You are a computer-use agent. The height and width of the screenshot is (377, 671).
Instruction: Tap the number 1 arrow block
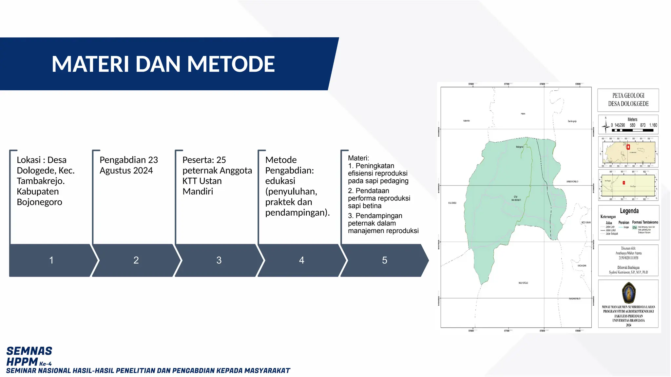51,260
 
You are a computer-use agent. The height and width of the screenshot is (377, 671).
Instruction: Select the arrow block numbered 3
219,260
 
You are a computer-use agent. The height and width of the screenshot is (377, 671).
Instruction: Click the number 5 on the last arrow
385,260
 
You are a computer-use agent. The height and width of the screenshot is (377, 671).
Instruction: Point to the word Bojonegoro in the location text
39,202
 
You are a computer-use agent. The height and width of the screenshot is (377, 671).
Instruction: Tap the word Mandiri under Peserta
198,191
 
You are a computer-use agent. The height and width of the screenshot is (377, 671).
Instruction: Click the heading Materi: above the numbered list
358,158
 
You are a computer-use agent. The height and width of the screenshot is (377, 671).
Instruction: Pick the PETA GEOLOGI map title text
628,96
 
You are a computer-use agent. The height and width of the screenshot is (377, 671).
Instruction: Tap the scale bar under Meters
632,130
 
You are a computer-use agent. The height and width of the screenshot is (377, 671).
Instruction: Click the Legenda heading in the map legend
629,211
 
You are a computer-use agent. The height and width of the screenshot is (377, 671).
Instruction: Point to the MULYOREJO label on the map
523,283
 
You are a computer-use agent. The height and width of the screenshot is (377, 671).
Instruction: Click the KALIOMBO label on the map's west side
452,203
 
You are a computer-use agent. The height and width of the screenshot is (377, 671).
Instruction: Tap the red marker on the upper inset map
628,147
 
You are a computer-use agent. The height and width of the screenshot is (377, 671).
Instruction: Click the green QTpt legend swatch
635,227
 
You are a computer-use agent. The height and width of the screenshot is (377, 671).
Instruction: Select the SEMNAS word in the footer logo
29,351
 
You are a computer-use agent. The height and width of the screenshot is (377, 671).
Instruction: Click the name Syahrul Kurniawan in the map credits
619,272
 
